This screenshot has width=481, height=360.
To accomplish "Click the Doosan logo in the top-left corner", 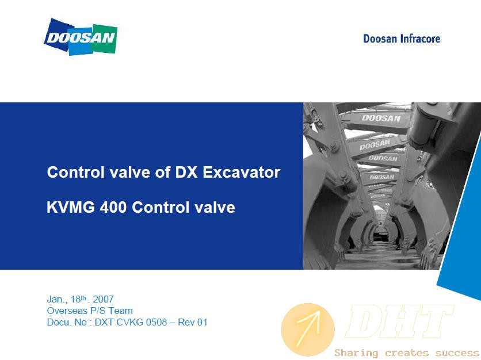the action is tap(81, 37).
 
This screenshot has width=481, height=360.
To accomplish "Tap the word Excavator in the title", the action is tap(242, 172).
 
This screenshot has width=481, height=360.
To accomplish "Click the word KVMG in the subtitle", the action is tap(71, 207).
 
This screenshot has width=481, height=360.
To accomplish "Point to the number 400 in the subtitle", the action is tap(113, 207).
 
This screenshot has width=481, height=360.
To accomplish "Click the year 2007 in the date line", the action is tap(103, 299).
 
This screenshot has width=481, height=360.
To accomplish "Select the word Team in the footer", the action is tap(121, 311).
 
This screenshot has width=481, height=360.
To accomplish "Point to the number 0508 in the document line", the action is tap(156, 322).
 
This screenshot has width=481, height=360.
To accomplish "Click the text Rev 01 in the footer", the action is tap(193, 322).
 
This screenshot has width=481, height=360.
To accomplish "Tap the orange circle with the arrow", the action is tap(308, 330).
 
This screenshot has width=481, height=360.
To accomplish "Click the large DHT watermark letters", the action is tap(399, 321).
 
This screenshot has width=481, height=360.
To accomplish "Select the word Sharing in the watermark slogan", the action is tap(356, 353).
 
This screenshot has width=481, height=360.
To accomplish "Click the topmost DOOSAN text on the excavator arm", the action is tap(381, 118).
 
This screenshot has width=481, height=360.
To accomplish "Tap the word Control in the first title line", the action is tap(76, 172).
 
